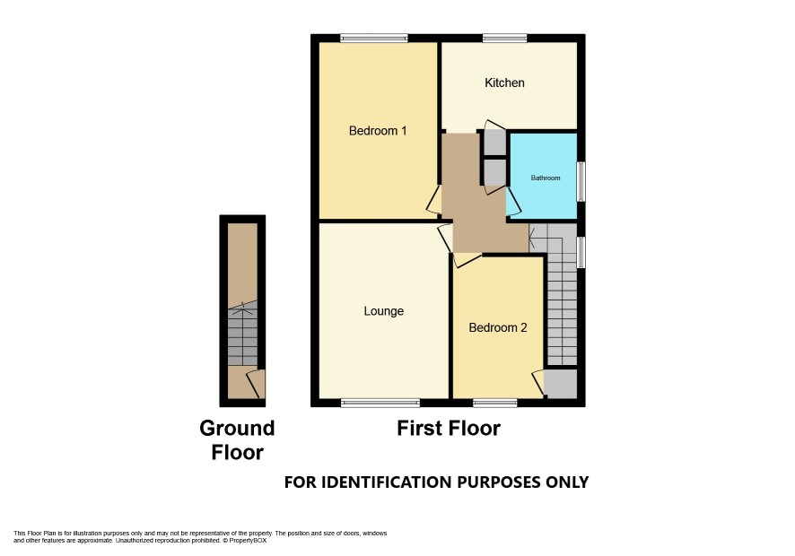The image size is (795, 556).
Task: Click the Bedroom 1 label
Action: [x=378, y=131]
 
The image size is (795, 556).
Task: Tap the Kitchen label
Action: [x=504, y=83]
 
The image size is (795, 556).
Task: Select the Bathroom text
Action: [x=546, y=178]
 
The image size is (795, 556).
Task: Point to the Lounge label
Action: [x=384, y=310]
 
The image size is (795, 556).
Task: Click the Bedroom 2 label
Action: [x=498, y=327]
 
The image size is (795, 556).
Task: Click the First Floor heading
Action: [x=449, y=429]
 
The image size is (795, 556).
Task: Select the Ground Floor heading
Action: [x=237, y=440]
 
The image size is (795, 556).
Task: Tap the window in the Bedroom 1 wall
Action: [x=373, y=38]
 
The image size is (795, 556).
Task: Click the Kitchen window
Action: [x=504, y=38]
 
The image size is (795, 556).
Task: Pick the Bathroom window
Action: [x=581, y=181]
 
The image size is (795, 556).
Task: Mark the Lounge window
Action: [x=380, y=403]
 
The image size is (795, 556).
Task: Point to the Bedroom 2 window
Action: [x=494, y=403]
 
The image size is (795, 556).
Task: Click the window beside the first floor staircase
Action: [x=581, y=252]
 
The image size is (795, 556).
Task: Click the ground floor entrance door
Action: [x=256, y=384]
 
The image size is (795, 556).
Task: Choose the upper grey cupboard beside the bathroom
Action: [x=494, y=143]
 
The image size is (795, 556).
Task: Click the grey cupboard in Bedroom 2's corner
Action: [x=561, y=383]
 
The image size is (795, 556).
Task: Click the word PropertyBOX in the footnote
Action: [x=248, y=540]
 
